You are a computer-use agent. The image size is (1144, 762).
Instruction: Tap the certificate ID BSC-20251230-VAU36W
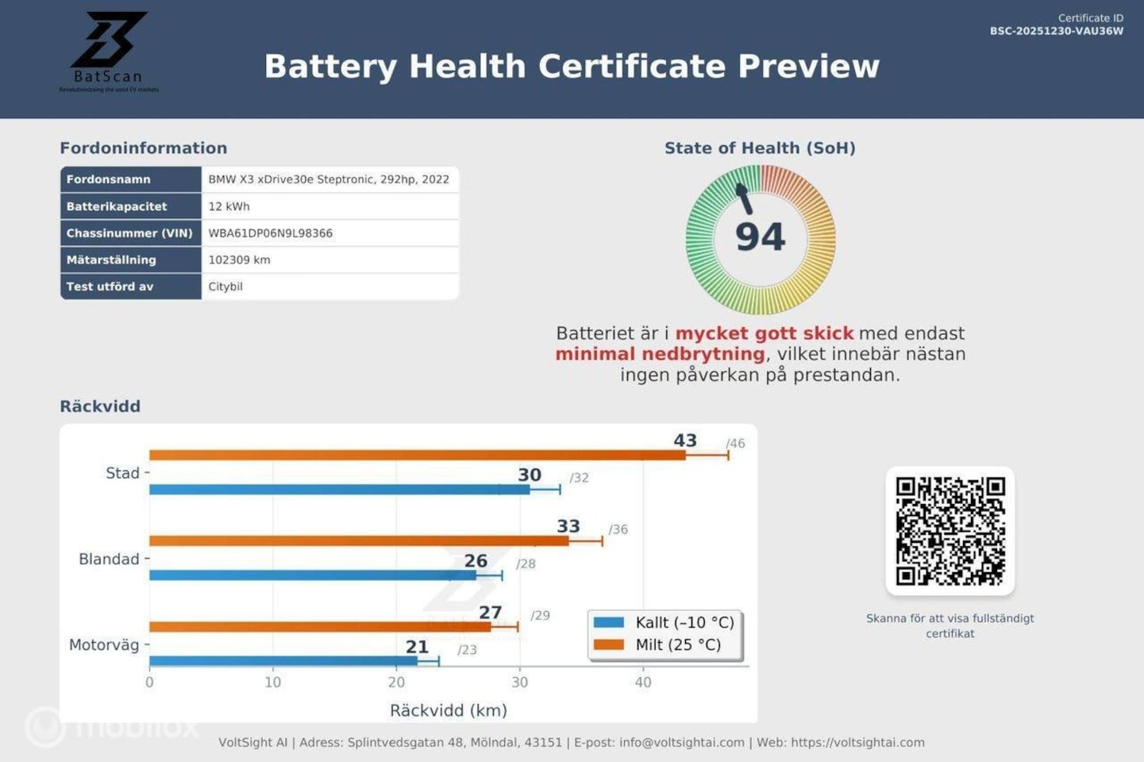1056,31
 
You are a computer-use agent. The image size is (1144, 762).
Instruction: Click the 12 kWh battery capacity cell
229,206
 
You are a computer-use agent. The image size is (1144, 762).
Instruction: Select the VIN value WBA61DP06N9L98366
270,233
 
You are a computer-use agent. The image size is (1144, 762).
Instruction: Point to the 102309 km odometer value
239,260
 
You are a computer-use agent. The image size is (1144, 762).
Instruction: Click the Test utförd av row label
110,287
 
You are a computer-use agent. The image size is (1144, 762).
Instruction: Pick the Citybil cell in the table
225,287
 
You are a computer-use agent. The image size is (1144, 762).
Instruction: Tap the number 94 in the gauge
760,237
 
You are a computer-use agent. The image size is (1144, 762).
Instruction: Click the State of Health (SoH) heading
760,148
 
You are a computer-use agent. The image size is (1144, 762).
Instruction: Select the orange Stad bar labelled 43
417,455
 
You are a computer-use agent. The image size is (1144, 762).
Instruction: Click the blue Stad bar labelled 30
339,490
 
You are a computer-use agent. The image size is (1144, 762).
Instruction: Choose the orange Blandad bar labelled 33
359,541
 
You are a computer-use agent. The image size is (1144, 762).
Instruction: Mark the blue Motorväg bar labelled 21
283,660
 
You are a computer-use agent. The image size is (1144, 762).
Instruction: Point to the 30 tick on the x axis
520,682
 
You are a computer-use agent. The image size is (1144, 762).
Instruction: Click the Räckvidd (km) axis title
448,710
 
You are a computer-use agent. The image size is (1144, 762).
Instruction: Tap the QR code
949,530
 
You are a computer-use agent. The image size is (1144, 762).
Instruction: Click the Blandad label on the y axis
109,559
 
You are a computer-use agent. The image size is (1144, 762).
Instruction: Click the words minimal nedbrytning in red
660,354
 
